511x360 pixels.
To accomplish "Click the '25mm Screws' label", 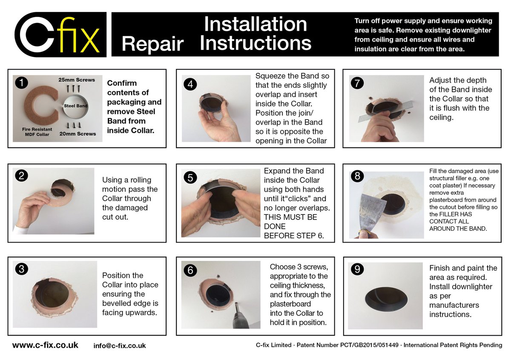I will coord(76,80).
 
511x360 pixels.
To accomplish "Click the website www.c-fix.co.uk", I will coord(45,345).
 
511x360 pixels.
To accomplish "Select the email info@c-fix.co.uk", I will coord(120,346).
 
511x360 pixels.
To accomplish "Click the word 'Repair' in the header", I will coord(152,43).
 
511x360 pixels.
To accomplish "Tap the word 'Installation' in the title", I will coord(255,24).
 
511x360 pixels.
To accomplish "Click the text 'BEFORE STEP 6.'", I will coord(294,236).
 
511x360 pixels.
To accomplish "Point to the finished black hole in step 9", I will coord(385,297).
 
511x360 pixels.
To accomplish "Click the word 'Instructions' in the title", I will coord(255,43).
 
